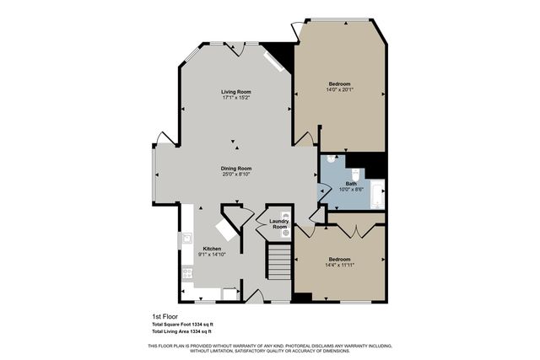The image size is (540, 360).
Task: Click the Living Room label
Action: (237, 91)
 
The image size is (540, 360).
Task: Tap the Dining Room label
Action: (237, 168)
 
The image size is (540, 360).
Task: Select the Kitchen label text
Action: (212, 249)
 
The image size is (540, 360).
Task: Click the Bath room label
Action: (351, 183)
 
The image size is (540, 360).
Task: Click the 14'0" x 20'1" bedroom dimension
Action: (339, 90)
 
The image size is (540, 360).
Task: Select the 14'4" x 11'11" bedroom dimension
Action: (339, 265)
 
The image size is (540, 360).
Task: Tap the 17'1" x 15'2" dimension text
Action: (237, 98)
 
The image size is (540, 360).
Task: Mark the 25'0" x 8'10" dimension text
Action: (237, 175)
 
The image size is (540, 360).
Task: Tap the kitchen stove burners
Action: (185, 272)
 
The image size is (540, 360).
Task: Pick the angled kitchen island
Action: (224, 230)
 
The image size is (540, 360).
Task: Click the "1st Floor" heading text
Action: (164, 317)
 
